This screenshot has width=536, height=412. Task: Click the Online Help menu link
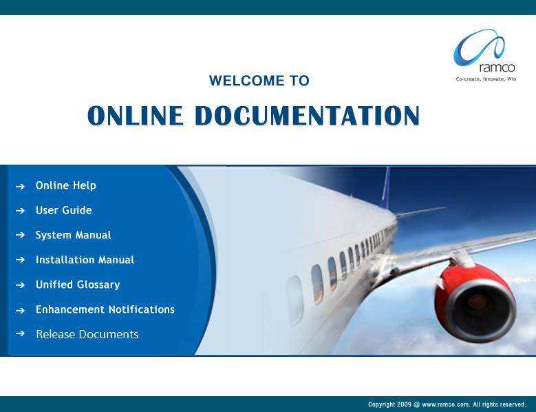66,185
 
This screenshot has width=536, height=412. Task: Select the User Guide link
64,210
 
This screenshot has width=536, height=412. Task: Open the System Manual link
74,235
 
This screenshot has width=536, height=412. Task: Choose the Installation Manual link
85,260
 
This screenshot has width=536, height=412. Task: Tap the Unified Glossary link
78,285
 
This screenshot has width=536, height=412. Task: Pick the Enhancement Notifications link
105,309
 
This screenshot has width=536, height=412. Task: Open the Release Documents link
87,334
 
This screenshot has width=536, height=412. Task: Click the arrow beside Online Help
20,187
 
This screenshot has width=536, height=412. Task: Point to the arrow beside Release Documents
20,333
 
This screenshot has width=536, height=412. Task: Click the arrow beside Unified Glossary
20,285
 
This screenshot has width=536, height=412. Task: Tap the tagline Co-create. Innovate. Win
486,79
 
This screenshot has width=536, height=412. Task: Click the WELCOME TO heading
259,81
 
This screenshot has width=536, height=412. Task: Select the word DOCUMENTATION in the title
307,115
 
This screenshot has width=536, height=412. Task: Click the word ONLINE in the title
135,115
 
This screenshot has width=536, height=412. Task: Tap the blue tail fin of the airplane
385,187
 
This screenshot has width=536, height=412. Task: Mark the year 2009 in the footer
404,404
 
